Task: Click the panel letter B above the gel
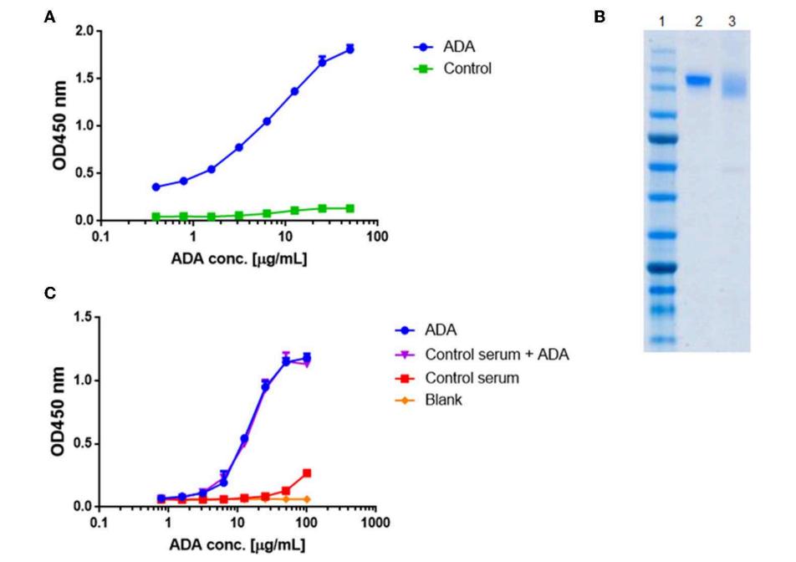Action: (599, 16)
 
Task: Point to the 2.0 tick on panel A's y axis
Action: (84, 32)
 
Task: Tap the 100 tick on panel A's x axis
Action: (376, 237)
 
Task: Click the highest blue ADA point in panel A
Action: (350, 49)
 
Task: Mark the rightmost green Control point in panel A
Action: (350, 208)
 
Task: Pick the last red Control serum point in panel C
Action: (307, 473)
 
